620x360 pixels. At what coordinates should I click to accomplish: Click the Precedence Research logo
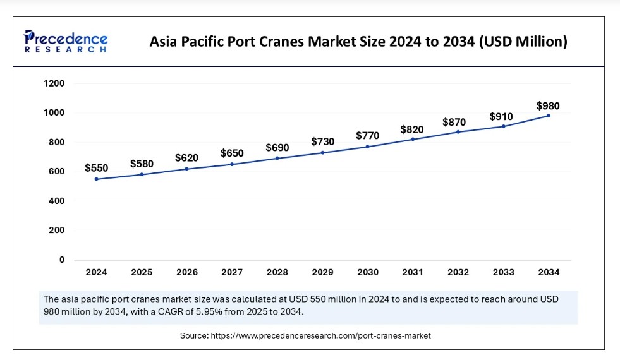point(66,41)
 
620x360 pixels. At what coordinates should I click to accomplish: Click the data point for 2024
point(97,179)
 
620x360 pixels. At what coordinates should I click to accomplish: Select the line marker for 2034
point(548,116)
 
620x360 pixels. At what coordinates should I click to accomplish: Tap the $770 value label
point(367,135)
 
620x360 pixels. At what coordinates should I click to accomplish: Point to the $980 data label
point(548,105)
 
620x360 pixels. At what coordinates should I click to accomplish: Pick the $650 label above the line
point(232,153)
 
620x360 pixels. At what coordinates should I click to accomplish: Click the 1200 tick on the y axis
point(54,83)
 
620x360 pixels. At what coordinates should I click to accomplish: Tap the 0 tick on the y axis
point(62,260)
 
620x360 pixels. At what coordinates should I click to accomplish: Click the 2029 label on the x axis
point(322,273)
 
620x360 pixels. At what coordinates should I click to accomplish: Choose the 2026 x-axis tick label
point(186,273)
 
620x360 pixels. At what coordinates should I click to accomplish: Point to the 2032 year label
point(458,273)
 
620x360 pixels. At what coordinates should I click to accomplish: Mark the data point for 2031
point(413,139)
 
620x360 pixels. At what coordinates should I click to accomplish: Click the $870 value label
point(458,121)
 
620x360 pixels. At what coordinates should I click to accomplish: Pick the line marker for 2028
point(277,158)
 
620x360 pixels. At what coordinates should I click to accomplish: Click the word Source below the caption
point(194,335)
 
